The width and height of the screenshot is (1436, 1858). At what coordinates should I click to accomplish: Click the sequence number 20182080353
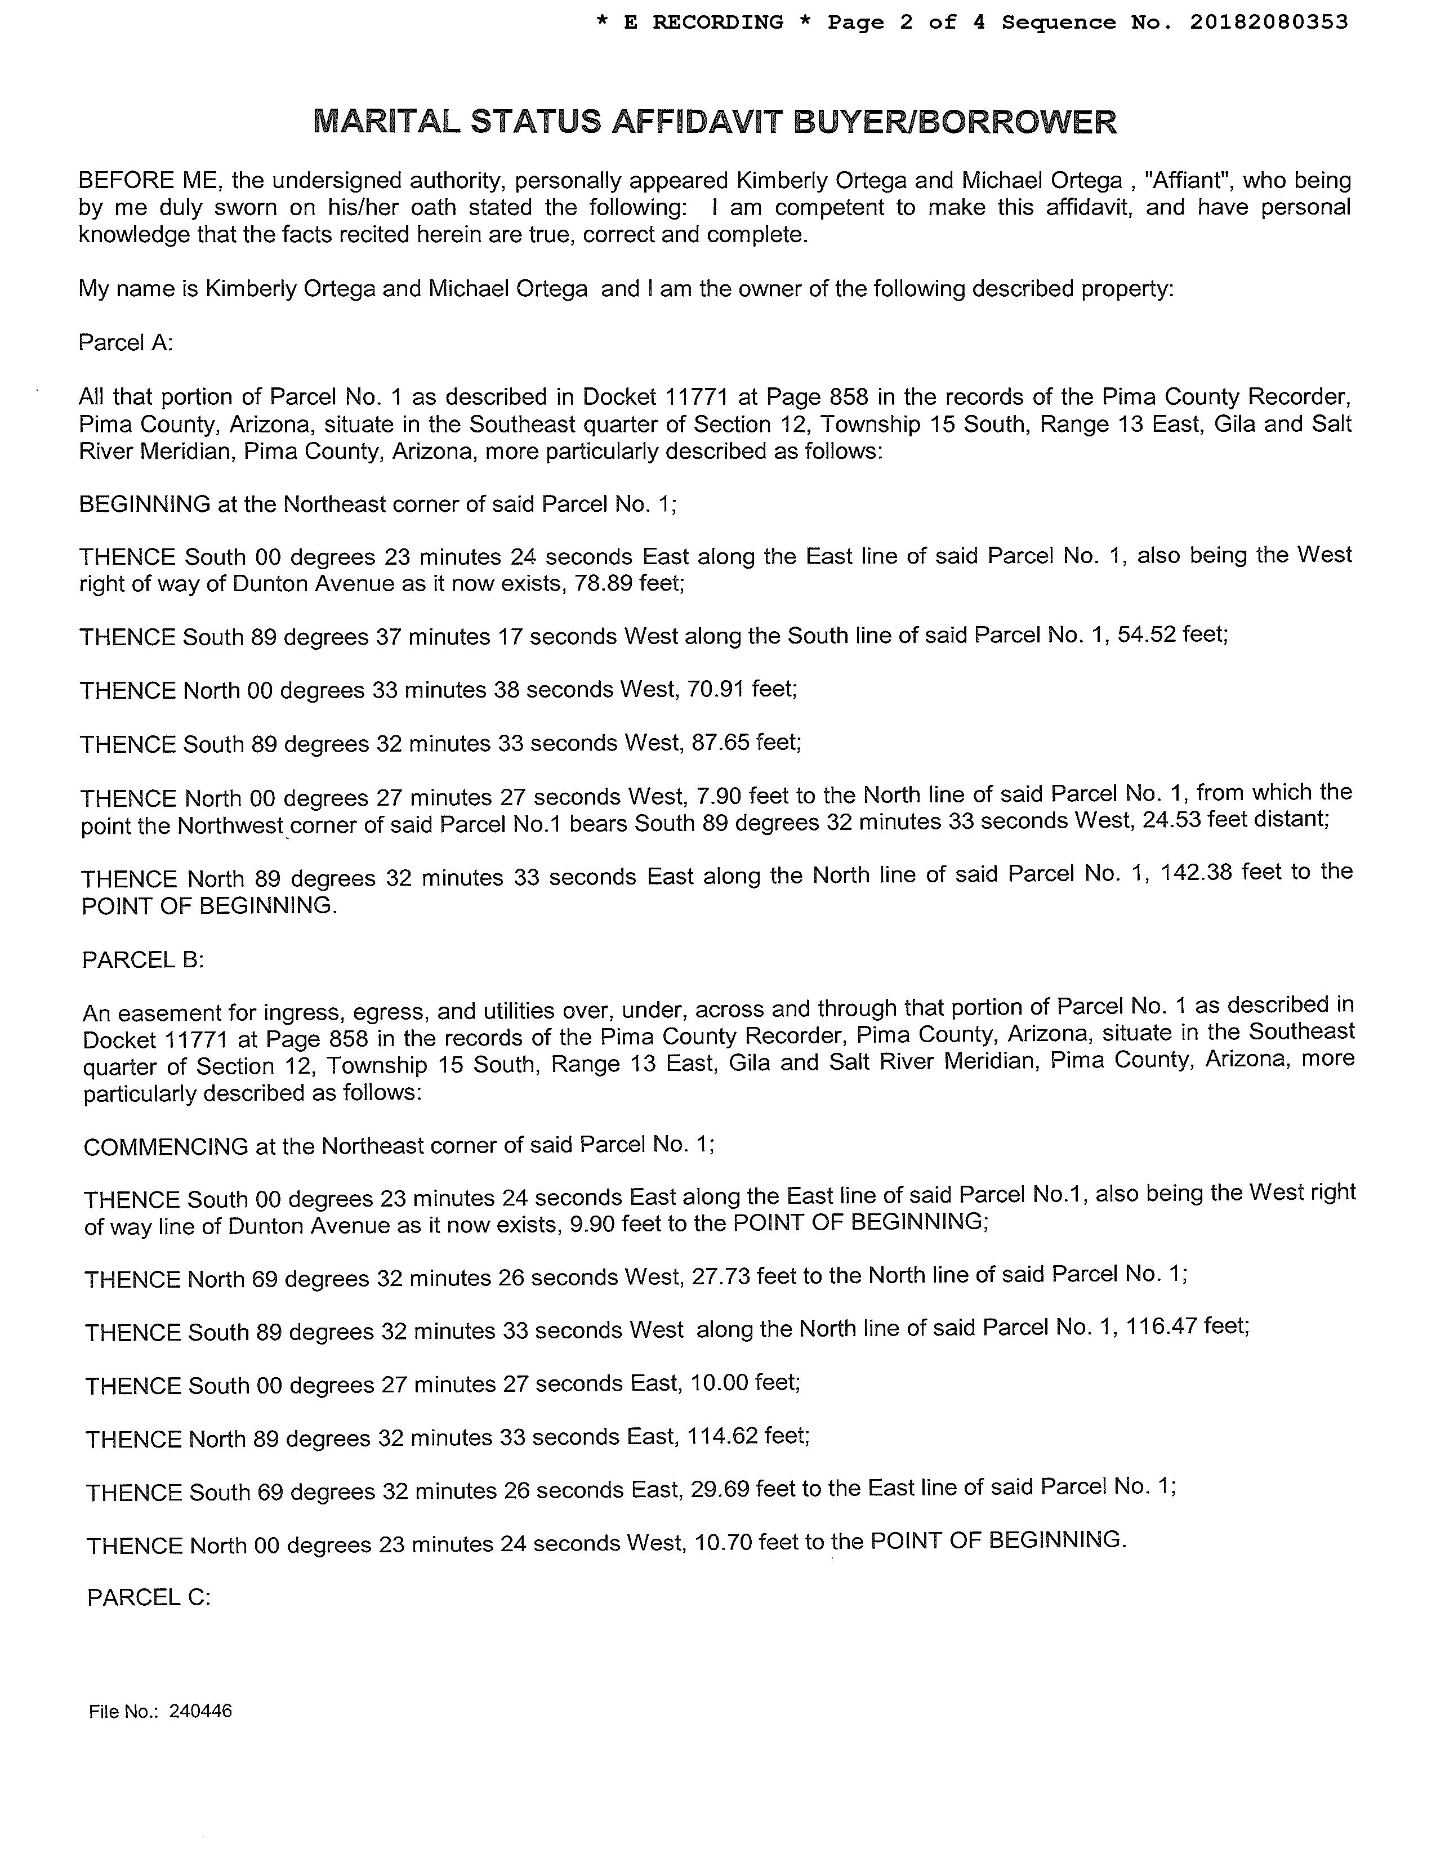(x=1268, y=23)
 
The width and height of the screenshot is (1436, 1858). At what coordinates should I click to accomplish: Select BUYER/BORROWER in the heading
(x=955, y=123)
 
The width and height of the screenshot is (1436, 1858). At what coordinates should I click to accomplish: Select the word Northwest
(x=230, y=826)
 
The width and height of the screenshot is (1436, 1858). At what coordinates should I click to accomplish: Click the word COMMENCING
(x=166, y=1147)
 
